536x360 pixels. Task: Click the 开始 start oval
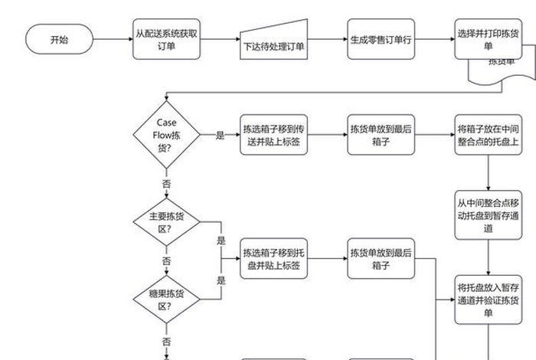coord(59,39)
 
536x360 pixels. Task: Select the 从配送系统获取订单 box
coord(166,39)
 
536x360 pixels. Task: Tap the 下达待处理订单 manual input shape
coord(273,41)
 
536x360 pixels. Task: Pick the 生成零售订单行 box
coord(381,39)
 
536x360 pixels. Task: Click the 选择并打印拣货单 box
coord(488,39)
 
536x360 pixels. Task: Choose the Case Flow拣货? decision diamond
coord(166,135)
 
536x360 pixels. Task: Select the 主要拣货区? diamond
coord(166,222)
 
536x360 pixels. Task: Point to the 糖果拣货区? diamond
coord(166,299)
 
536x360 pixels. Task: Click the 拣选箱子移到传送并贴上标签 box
coord(273,135)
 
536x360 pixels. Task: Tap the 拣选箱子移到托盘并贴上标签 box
coord(273,258)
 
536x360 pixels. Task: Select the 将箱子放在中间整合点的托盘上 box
coord(488,135)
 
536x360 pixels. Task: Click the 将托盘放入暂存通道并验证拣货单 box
coord(488,295)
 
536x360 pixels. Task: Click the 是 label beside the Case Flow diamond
coord(221,136)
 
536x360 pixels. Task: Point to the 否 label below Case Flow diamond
coord(166,184)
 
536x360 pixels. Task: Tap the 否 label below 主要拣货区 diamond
coord(166,261)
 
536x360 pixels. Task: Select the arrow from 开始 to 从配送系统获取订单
coord(113,39)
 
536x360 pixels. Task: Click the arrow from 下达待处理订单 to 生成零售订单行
coord(327,39)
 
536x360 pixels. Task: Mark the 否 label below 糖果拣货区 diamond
coord(166,340)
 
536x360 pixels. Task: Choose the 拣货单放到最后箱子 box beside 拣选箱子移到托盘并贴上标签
coord(381,258)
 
